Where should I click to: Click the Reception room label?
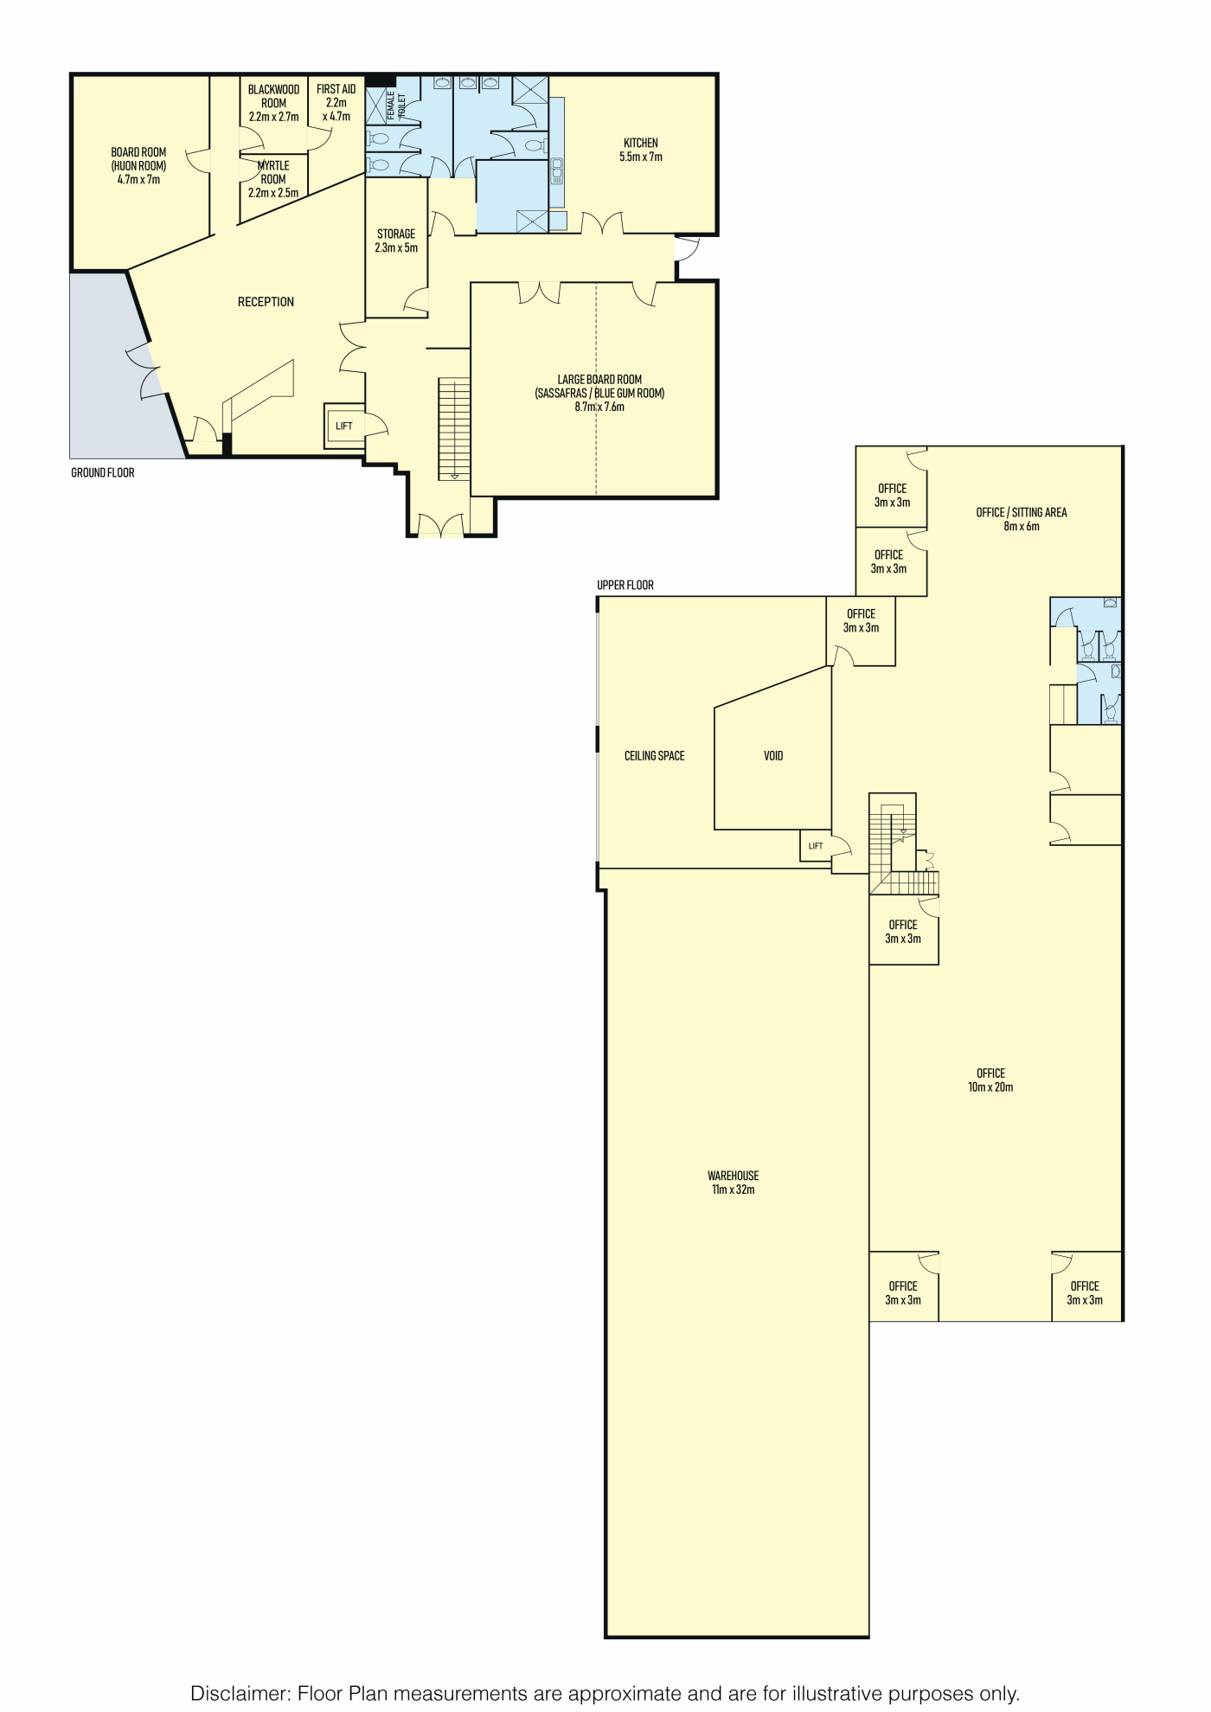click(266, 302)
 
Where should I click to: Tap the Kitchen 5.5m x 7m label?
click(641, 150)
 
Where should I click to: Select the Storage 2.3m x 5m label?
click(396, 241)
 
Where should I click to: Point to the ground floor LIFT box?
click(344, 426)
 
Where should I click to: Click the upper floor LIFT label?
click(816, 846)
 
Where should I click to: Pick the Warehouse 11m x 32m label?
click(734, 1183)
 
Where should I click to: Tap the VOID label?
click(773, 756)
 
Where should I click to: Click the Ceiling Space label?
click(655, 756)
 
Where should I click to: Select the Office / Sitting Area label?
click(1022, 519)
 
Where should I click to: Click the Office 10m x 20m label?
click(991, 1080)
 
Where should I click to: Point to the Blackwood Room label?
click(274, 103)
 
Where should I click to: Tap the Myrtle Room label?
click(273, 179)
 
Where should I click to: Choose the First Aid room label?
click(336, 103)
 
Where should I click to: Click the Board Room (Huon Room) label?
click(138, 166)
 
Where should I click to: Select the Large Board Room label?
click(599, 393)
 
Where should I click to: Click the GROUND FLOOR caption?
click(103, 472)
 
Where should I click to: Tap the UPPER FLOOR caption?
click(625, 585)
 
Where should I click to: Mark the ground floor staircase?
click(454, 428)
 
